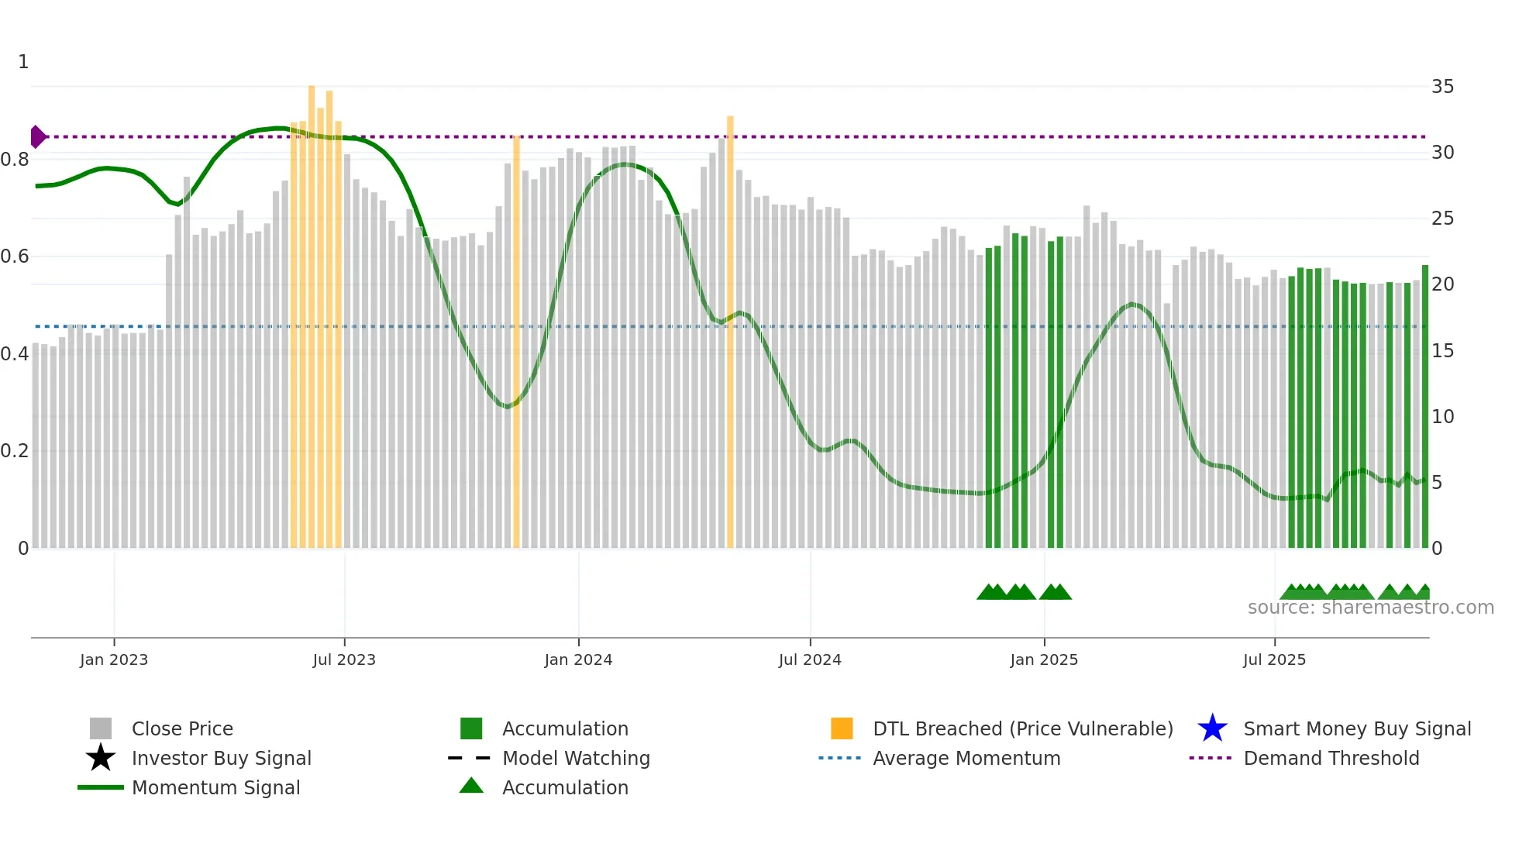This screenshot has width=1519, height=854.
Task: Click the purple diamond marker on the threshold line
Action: (37, 136)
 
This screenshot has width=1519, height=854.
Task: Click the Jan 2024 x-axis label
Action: (578, 659)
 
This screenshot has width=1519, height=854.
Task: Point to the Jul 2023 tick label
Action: (344, 659)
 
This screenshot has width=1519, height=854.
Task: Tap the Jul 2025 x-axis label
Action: (1274, 659)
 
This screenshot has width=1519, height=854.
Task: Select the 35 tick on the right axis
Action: (1442, 87)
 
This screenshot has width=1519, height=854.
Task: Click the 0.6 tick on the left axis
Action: (15, 257)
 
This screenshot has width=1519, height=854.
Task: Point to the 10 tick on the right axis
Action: (1442, 417)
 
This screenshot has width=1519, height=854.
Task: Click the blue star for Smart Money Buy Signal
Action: (1212, 728)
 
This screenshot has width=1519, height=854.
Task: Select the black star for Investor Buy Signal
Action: (101, 758)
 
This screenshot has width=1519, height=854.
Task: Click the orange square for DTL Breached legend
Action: (842, 728)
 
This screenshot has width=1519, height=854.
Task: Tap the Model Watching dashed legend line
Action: (470, 758)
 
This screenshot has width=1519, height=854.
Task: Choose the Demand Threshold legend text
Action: (1331, 758)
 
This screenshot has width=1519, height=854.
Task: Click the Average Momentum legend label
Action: (966, 758)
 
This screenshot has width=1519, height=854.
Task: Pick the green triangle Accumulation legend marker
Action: (471, 786)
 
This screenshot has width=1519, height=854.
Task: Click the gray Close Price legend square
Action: (101, 728)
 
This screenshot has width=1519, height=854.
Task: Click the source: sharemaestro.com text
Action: (1370, 608)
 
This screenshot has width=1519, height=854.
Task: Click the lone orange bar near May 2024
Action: (730, 333)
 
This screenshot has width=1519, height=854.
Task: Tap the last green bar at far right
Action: (1424, 407)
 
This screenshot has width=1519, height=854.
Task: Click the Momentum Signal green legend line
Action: (101, 787)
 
